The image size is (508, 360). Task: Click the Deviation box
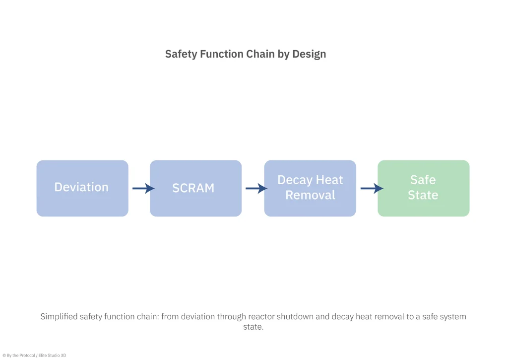(82, 188)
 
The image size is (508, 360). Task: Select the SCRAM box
(195, 188)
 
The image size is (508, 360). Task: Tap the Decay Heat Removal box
(310, 188)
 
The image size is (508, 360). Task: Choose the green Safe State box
(424, 188)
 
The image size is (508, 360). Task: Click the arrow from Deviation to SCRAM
(143, 188)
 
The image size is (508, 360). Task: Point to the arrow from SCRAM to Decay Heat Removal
(256, 188)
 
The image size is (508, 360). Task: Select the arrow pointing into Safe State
(372, 188)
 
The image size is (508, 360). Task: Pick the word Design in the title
(309, 54)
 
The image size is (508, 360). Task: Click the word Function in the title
(222, 54)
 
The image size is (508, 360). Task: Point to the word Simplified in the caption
(59, 316)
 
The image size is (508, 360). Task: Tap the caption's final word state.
(254, 327)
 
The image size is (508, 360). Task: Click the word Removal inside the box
(311, 195)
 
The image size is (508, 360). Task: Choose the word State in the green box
(423, 195)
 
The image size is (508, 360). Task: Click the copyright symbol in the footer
(4, 356)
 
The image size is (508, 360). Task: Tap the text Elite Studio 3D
(52, 356)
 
